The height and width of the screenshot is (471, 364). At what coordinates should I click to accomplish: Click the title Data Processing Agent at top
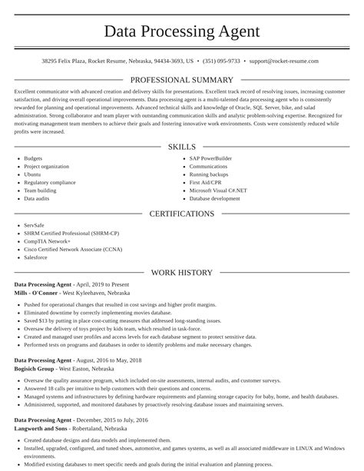click(182, 32)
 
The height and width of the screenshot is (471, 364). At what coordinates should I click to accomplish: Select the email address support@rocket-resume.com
click(284, 60)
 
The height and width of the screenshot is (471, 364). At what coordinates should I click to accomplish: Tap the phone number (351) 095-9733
click(221, 60)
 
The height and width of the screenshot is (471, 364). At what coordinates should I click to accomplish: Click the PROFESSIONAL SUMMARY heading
click(182, 80)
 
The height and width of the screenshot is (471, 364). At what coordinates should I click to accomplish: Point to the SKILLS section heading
click(182, 147)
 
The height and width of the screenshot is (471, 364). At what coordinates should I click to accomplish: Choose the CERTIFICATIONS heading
click(182, 214)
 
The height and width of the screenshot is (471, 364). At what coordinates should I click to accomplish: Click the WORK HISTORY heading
click(182, 273)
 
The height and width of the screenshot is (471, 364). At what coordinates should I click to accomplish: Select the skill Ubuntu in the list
click(34, 174)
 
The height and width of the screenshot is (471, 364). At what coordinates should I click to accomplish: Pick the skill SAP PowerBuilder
click(211, 158)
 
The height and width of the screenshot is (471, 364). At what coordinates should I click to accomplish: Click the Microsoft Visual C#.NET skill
click(218, 191)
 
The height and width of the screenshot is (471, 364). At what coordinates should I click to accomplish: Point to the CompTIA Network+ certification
click(48, 241)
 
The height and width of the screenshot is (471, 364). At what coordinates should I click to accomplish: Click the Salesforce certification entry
click(37, 257)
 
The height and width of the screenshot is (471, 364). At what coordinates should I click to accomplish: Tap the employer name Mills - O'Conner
click(35, 293)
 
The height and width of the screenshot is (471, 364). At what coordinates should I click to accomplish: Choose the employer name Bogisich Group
click(35, 368)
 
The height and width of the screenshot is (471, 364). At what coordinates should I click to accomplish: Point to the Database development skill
click(215, 198)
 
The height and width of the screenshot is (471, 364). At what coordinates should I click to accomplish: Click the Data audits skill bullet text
click(37, 198)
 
